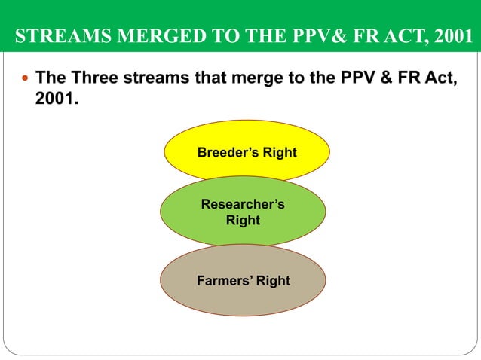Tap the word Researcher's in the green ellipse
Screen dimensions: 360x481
point(243,205)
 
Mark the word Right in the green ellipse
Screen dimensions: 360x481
point(243,221)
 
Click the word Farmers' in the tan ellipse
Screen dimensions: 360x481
point(224,281)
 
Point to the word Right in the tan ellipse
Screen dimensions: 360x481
point(272,281)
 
